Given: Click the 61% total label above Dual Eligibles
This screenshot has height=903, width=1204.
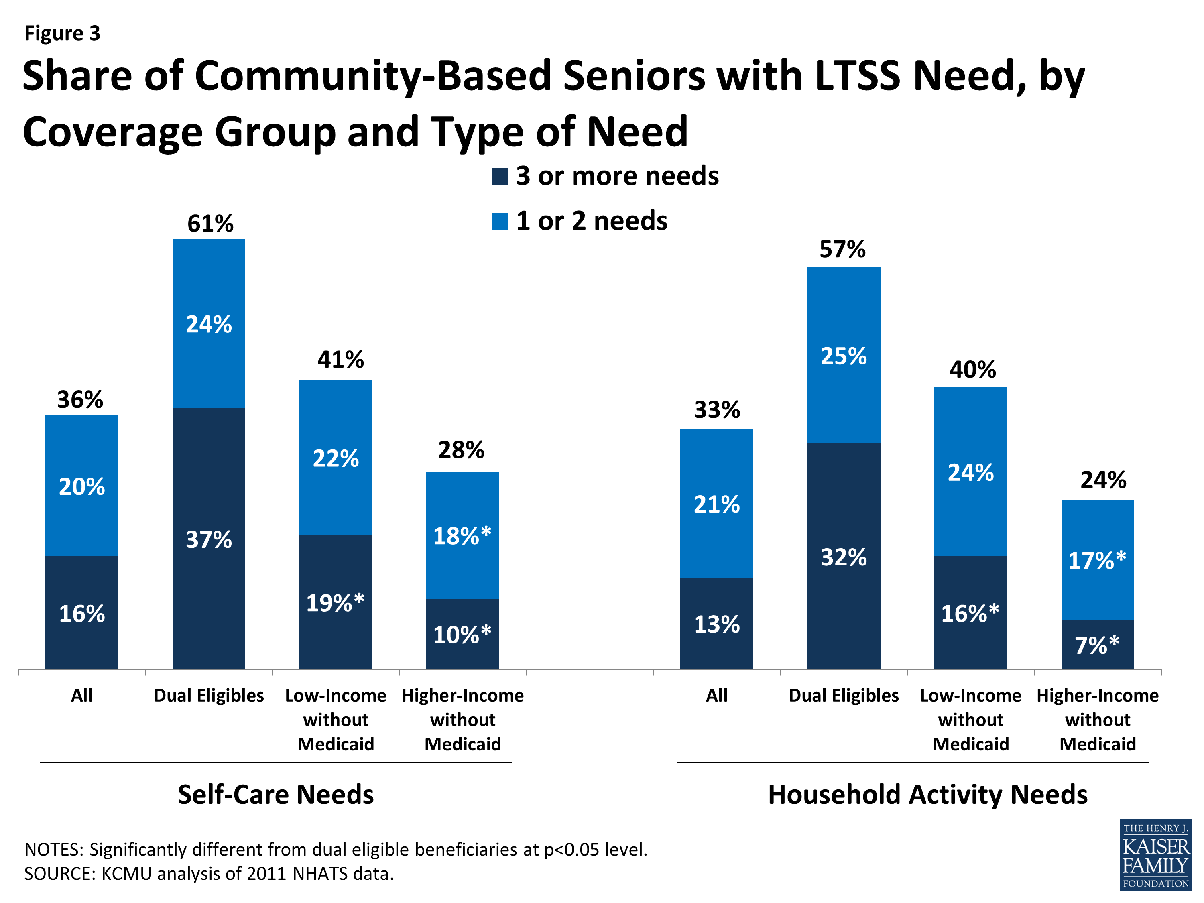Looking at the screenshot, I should (x=210, y=224).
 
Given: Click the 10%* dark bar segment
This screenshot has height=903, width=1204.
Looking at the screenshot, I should (x=462, y=635).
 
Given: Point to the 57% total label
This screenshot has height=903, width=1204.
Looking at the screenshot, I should (x=842, y=249).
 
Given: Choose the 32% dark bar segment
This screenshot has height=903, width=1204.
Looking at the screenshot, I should (x=843, y=557).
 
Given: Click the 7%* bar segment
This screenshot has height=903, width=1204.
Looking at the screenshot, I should (x=1097, y=645).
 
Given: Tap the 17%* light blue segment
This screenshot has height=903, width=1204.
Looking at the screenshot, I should (x=1097, y=561).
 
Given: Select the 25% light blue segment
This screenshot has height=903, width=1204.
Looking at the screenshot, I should (x=843, y=356).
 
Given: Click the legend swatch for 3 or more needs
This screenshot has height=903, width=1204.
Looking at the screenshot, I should (x=499, y=176).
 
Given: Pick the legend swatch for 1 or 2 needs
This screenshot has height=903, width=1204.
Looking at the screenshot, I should (x=499, y=221).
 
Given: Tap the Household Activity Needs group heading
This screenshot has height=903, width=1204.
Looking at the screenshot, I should (x=927, y=795).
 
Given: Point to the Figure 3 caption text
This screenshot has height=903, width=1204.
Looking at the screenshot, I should (x=62, y=33).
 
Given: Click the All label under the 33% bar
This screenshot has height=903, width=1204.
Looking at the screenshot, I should (x=716, y=695).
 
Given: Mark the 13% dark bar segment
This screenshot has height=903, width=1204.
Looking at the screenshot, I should (x=716, y=624).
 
